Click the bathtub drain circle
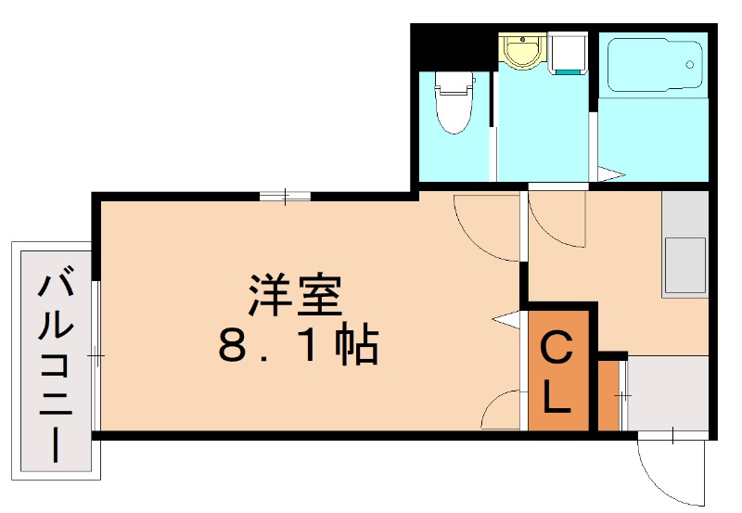tap(689, 64)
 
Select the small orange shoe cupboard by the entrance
tap(608, 396)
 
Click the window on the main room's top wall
tap(285, 195)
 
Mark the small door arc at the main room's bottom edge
tap(505, 410)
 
